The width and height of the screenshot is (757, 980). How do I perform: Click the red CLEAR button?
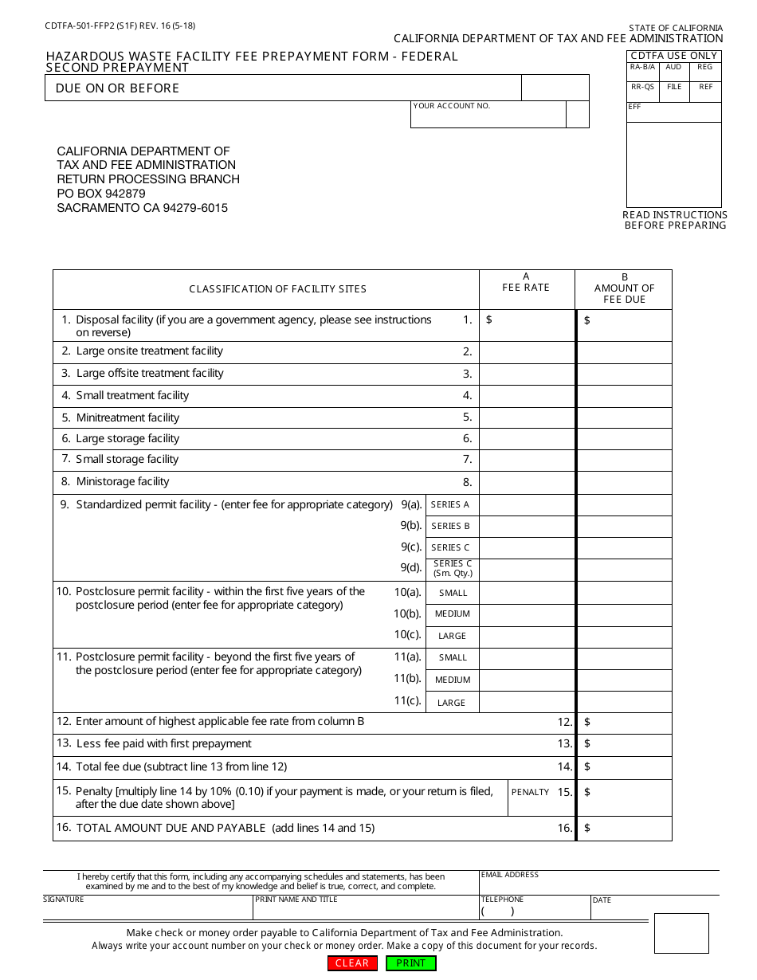[x=352, y=963]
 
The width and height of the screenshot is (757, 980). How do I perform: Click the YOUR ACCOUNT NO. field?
[x=488, y=116]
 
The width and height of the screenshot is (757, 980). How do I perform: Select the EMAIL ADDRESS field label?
[x=510, y=875]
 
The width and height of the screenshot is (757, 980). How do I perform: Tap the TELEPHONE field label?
[x=502, y=900]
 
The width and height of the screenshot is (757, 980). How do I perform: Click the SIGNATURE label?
[x=63, y=900]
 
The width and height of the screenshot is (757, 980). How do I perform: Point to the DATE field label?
[x=602, y=900]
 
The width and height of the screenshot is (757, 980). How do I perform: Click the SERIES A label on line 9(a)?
[x=450, y=504]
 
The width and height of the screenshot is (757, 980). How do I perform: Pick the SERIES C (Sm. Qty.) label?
[x=453, y=568]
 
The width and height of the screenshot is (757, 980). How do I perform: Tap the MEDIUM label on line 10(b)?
[x=453, y=614]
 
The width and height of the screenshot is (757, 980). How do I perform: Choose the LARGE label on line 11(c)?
[x=452, y=703]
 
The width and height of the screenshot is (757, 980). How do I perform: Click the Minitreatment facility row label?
[x=127, y=417]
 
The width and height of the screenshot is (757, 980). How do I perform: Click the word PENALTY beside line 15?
[x=530, y=792]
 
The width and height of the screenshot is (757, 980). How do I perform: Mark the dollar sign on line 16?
[x=587, y=828]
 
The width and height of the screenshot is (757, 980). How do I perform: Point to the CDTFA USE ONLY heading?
[x=674, y=56]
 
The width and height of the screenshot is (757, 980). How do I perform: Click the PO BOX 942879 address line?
[x=101, y=194]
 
